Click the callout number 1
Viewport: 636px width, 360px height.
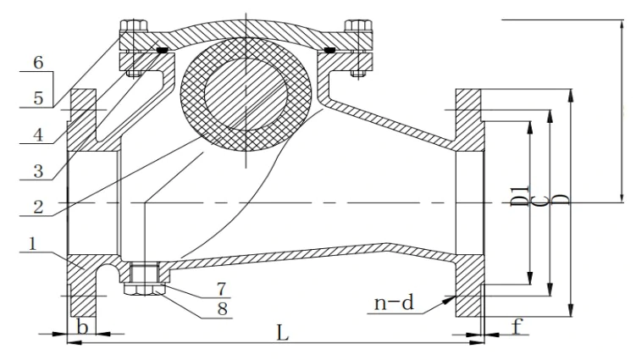(31, 243)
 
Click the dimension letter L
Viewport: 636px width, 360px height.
(284, 333)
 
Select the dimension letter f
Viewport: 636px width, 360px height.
(516, 325)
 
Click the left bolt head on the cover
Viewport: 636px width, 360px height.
(133, 25)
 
